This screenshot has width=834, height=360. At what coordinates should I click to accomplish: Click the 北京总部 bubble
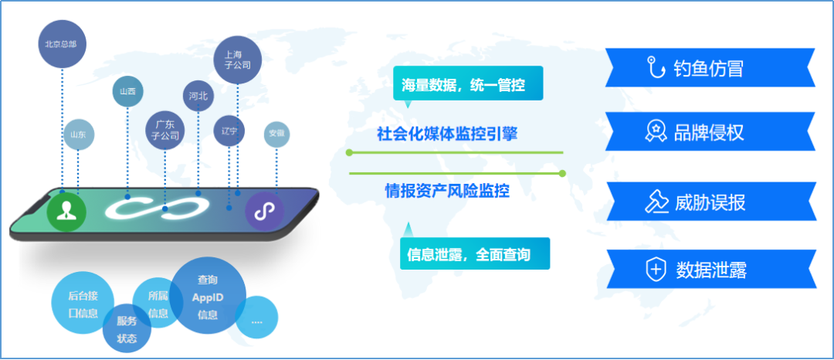point(62,44)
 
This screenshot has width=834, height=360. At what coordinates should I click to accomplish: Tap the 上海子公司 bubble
point(237,60)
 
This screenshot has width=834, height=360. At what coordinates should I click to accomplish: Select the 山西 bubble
point(127,92)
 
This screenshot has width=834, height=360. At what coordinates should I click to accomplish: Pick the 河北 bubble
point(198,97)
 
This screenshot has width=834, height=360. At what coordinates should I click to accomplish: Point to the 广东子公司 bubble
point(165,130)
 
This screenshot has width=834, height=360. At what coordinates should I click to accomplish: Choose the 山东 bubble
point(78,134)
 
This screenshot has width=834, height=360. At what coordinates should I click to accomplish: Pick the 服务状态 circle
point(127,330)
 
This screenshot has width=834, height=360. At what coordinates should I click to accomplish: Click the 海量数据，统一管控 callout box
point(468,83)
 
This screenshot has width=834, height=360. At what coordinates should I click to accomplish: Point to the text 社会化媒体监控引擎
point(446,133)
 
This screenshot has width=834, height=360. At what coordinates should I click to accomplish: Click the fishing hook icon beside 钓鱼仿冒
point(656,69)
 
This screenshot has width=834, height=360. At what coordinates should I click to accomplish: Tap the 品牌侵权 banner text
point(709,133)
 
